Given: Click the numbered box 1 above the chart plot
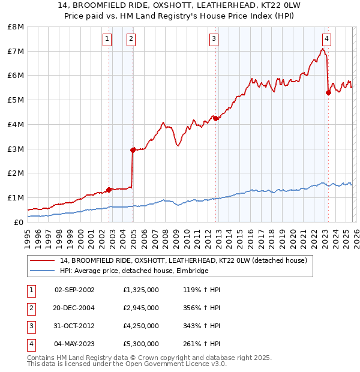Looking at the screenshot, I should pos(107,40).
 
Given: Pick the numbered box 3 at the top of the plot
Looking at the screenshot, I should pos(214,40).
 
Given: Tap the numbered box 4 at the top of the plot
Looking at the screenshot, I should pos(326,40).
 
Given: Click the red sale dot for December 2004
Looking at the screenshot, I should pos(133,150).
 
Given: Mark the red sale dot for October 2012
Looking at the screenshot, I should pos(215,118).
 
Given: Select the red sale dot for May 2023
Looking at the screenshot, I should pos(328,92).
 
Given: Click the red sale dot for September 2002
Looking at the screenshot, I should pos(109,190).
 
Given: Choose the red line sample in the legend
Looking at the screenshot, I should pos(43,260).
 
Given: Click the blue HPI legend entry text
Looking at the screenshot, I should pos(134,271).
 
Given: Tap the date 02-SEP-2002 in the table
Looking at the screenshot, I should pos(74,290).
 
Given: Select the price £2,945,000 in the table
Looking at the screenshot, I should pos(140,308).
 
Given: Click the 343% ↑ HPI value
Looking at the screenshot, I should pos(202,326).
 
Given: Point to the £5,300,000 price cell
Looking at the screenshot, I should pos(140,344).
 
